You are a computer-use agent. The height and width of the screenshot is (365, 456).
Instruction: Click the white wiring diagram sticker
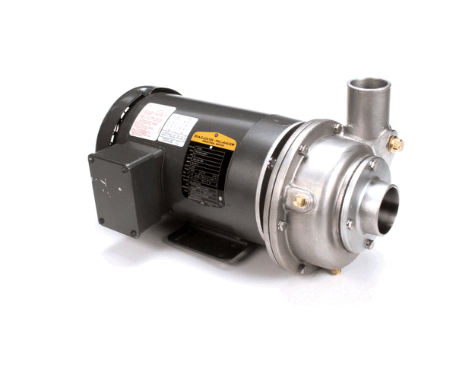click(x=178, y=126)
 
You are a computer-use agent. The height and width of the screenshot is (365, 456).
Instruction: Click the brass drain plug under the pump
click(x=335, y=271)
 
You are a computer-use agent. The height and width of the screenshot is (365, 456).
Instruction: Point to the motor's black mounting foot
click(x=205, y=243)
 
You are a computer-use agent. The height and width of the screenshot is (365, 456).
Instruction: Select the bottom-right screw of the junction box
click(x=133, y=233)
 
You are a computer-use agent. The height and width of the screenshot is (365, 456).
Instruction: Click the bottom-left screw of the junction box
click(x=100, y=221)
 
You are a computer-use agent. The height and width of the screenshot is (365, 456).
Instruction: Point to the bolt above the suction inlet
click(x=372, y=164)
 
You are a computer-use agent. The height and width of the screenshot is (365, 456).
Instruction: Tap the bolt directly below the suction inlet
click(x=369, y=244)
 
